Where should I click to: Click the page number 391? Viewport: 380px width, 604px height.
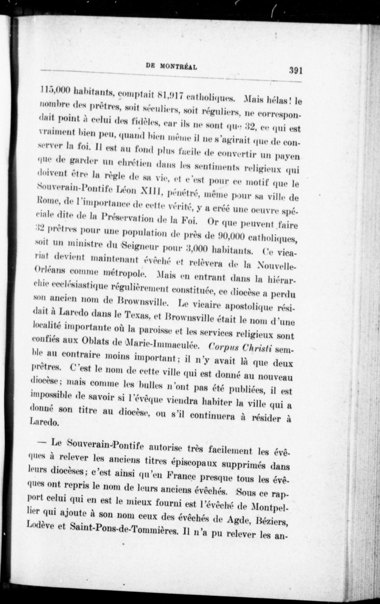pyautogui.click(x=296, y=71)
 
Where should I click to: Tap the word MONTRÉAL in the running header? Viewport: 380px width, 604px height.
pyautogui.click(x=178, y=67)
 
